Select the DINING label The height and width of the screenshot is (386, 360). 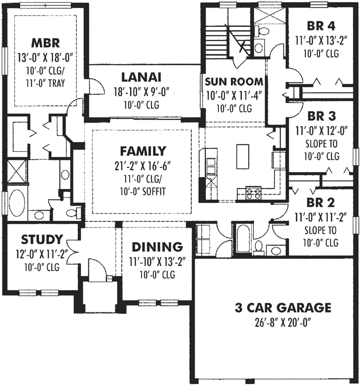point(157,247)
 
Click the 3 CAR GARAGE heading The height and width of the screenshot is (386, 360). point(283,308)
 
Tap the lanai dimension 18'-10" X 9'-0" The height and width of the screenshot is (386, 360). point(141,92)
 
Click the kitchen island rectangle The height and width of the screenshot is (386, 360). point(243,157)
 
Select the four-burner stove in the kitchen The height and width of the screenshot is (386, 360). point(253,193)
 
